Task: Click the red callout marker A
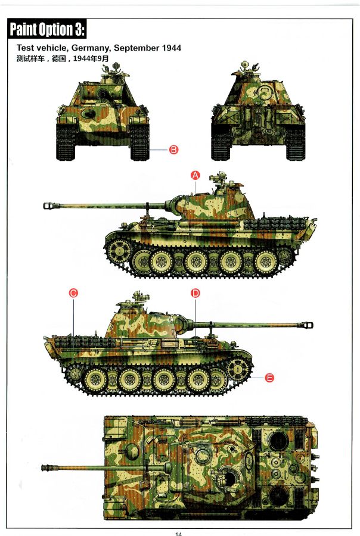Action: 195,175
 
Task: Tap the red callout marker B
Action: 174,149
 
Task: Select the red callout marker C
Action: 73,293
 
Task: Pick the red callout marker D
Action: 195,293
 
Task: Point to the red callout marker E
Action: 269,378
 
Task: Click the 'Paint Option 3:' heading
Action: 47,29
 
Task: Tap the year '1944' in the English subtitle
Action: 172,48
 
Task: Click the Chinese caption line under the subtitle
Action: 62,58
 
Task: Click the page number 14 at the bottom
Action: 178,534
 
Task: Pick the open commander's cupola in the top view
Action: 230,478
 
